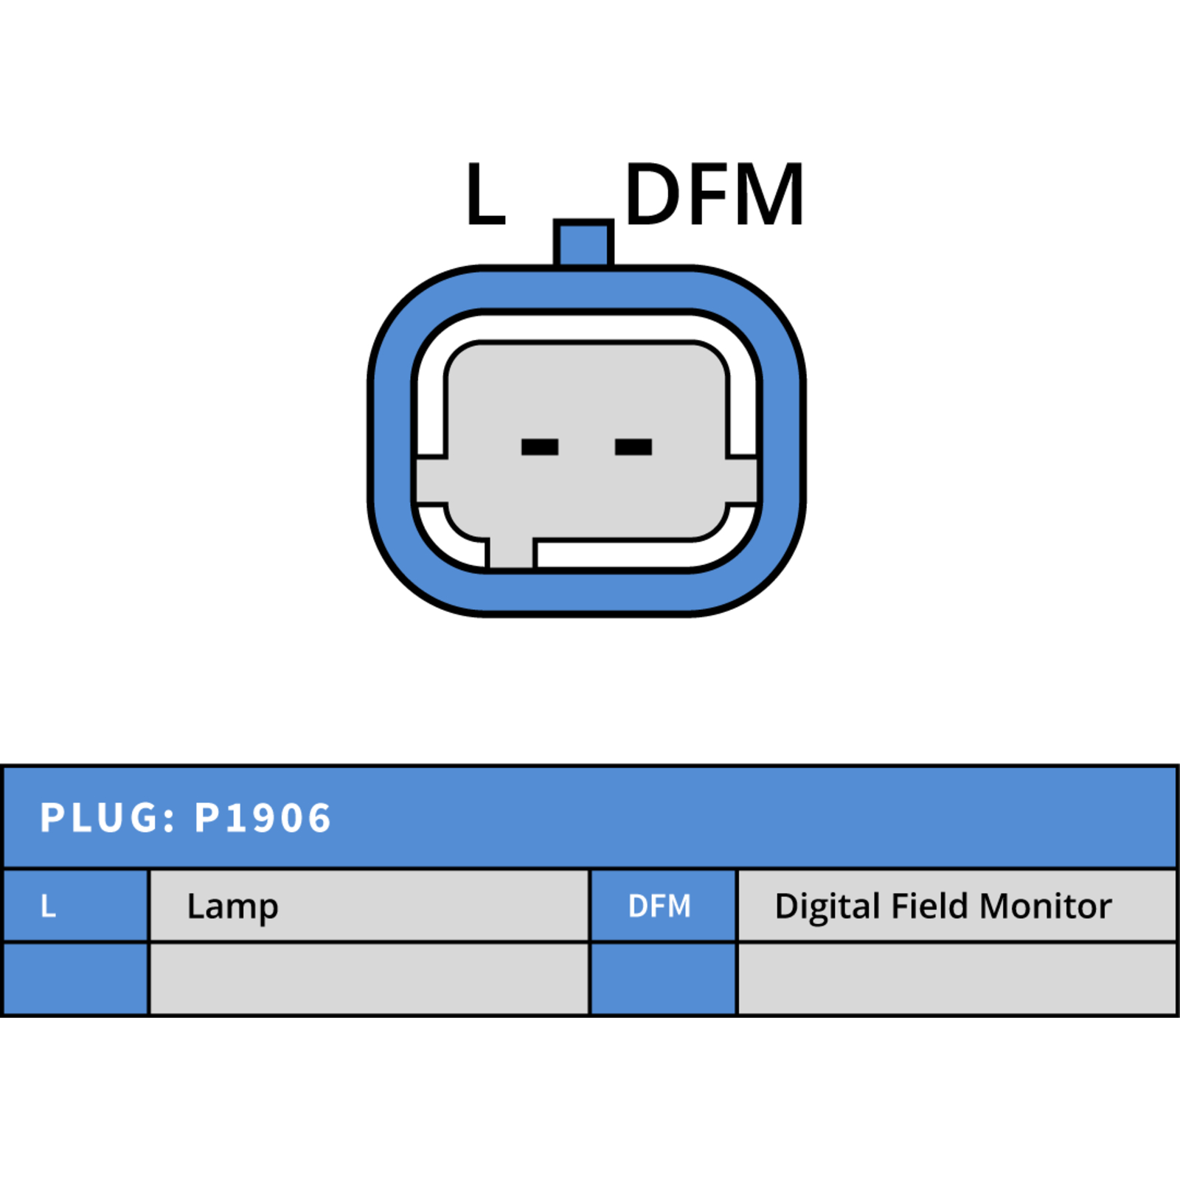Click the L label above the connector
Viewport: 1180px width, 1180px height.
click(x=485, y=193)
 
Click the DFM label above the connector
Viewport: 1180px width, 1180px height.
click(x=714, y=193)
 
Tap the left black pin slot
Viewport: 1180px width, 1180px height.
click(x=540, y=447)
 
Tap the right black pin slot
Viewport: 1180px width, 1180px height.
click(x=634, y=447)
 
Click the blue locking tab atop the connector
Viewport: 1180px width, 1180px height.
click(x=583, y=243)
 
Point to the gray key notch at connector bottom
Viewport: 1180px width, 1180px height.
click(x=512, y=552)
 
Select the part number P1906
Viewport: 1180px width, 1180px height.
click(x=263, y=818)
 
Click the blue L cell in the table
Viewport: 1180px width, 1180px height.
click(x=76, y=906)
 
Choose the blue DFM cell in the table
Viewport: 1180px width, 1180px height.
click(x=663, y=906)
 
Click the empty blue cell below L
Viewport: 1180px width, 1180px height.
click(x=76, y=979)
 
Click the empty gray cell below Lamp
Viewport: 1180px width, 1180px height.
click(x=369, y=979)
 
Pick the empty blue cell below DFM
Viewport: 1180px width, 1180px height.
click(x=663, y=979)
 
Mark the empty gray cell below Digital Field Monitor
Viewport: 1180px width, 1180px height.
click(x=957, y=979)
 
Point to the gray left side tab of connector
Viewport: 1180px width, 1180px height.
click(x=431, y=481)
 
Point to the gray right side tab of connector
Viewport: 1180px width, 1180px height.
click(x=742, y=481)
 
